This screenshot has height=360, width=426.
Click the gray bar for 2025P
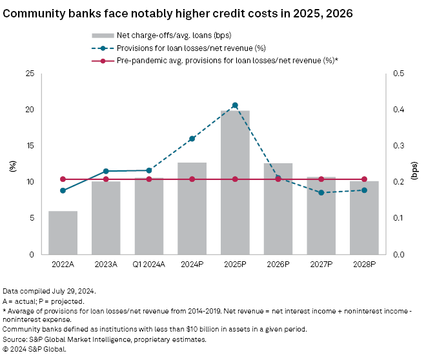tap(235, 182)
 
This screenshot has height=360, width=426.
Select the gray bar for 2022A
tap(63, 232)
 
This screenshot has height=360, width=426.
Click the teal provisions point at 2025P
tap(235, 105)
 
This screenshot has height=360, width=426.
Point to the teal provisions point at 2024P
tap(192, 139)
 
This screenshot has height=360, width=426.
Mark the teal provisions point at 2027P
tap(321, 192)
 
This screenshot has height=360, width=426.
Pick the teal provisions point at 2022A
tap(63, 190)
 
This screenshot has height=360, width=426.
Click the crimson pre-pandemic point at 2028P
tap(364, 179)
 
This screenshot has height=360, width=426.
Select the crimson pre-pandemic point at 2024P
tap(192, 179)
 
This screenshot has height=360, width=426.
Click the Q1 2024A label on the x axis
tap(148, 265)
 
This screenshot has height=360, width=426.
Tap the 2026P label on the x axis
tap(278, 265)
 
